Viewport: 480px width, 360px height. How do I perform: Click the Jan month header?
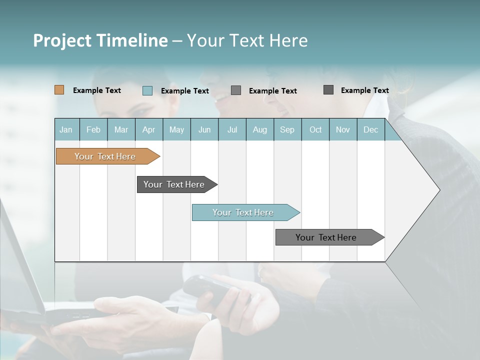[x=66, y=130]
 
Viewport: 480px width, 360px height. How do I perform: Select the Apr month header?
[x=148, y=130]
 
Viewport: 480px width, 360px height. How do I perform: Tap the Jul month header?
[x=232, y=130]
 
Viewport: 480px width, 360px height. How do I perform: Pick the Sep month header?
[x=287, y=130]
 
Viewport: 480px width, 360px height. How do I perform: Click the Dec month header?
[x=370, y=130]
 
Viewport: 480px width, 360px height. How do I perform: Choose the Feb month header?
[x=93, y=130]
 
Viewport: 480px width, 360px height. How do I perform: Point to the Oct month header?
[x=315, y=130]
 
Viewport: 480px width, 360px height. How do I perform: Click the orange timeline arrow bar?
[x=105, y=156]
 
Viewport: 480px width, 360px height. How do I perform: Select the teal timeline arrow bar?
[x=243, y=212]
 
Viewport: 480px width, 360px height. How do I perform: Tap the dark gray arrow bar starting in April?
[x=174, y=184]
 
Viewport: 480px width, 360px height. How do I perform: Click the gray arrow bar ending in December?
[x=326, y=237]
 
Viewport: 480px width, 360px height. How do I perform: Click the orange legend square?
[x=59, y=90]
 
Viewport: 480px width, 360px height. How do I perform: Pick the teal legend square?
[x=147, y=90]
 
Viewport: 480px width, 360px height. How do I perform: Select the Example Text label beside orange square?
[x=97, y=90]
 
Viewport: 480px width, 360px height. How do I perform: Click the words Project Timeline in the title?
[x=100, y=40]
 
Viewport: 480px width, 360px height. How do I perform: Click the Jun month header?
[x=204, y=130]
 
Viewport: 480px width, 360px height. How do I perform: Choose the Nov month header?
[x=343, y=130]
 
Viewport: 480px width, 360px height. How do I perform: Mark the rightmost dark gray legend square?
[x=328, y=90]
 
